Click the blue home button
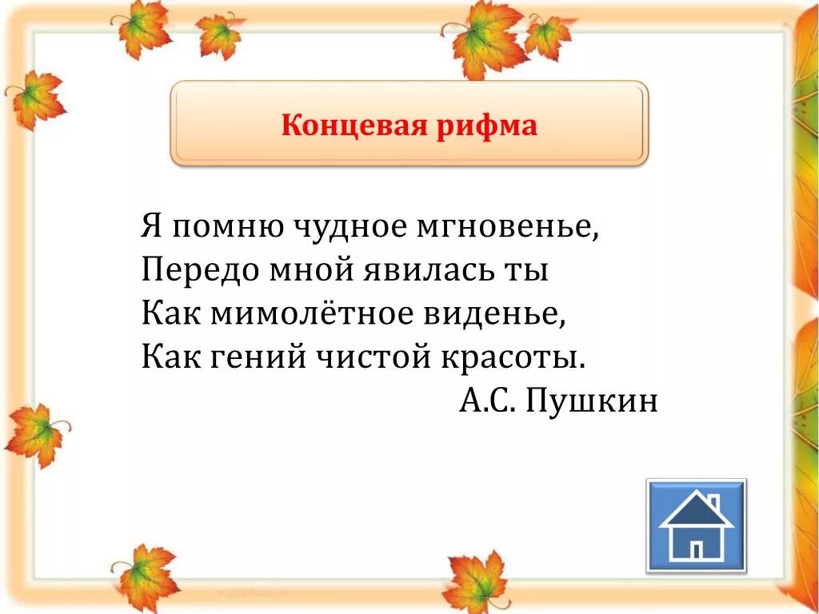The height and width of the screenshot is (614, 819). [x=696, y=525]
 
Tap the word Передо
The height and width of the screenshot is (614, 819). [x=196, y=270]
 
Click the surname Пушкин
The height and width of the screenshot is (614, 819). [x=593, y=400]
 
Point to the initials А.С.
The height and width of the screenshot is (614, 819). [x=486, y=400]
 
